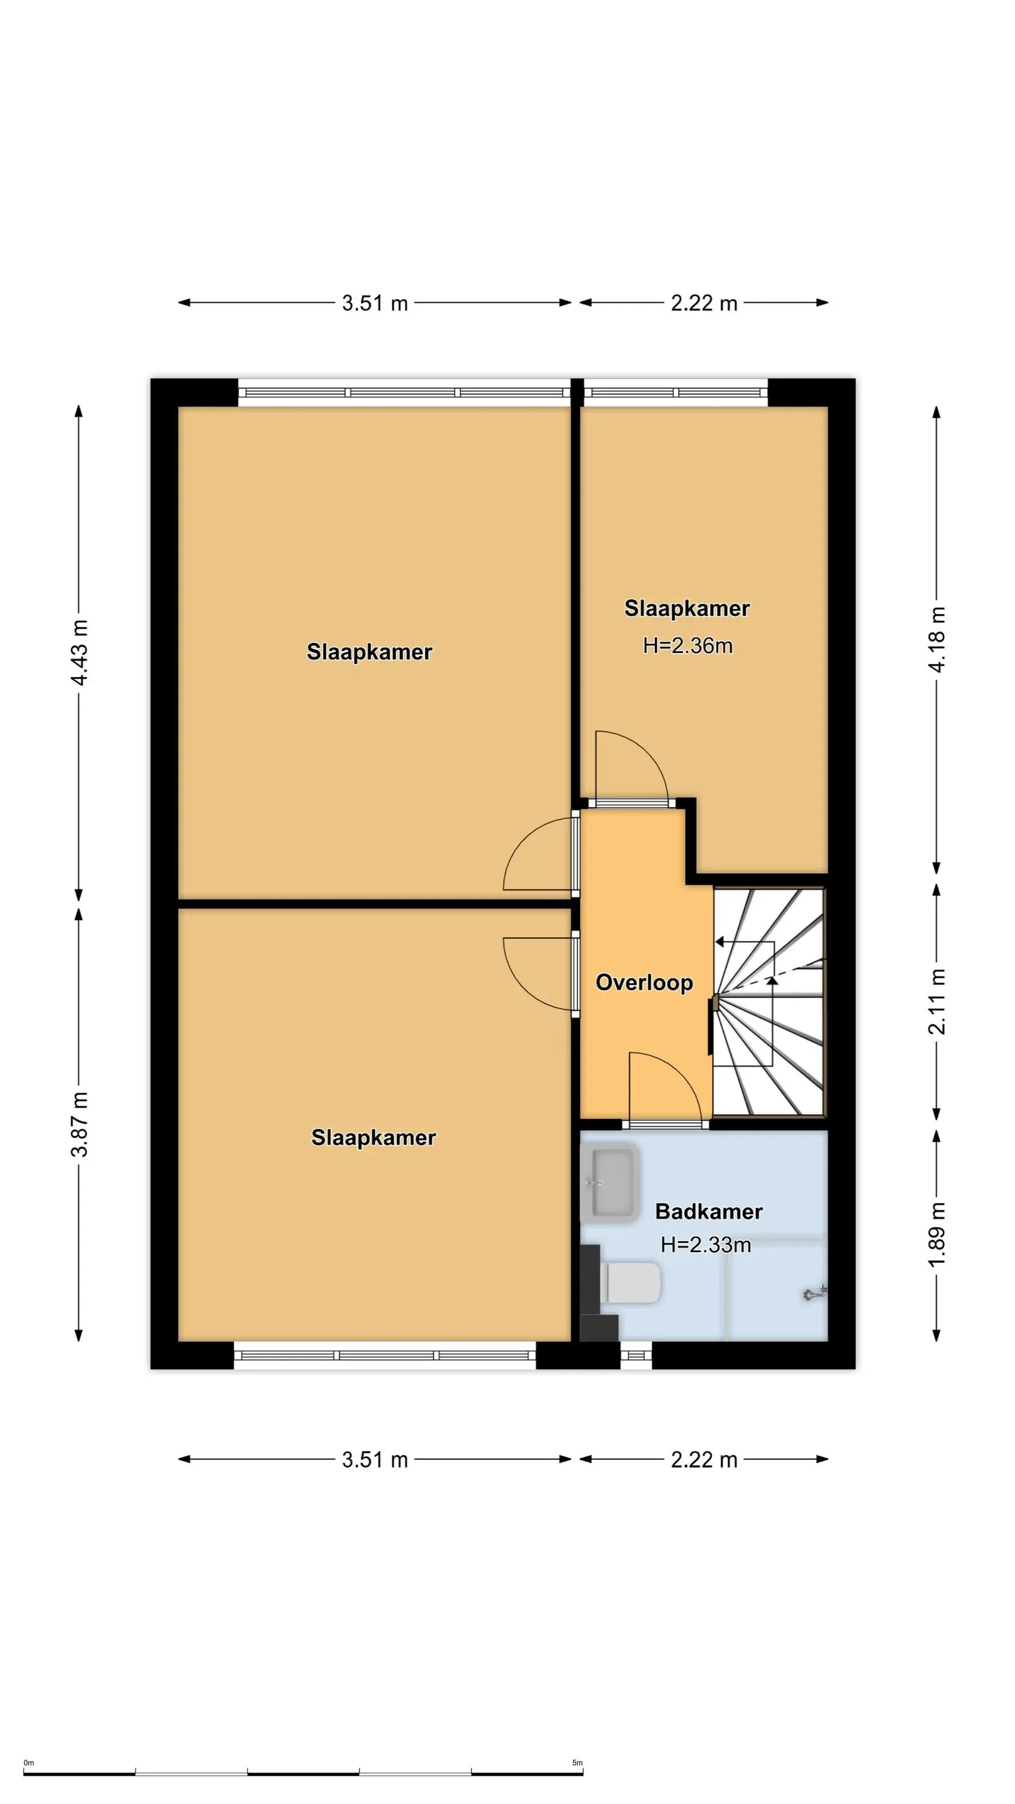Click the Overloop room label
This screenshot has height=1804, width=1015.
point(644,983)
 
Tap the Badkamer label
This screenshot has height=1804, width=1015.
point(708,1212)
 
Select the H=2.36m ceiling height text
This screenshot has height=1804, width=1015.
point(688,646)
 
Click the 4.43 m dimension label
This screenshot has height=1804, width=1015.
point(80,652)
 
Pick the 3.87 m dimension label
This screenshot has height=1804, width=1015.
point(80,1124)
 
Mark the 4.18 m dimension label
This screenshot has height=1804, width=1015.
point(937,639)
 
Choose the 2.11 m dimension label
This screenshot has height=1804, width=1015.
point(937,1001)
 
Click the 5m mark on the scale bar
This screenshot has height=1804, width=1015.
point(577,1763)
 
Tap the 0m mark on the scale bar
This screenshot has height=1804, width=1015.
point(29,1763)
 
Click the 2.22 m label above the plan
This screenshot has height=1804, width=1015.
point(704,303)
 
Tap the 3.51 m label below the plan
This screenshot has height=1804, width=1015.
point(375,1454)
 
